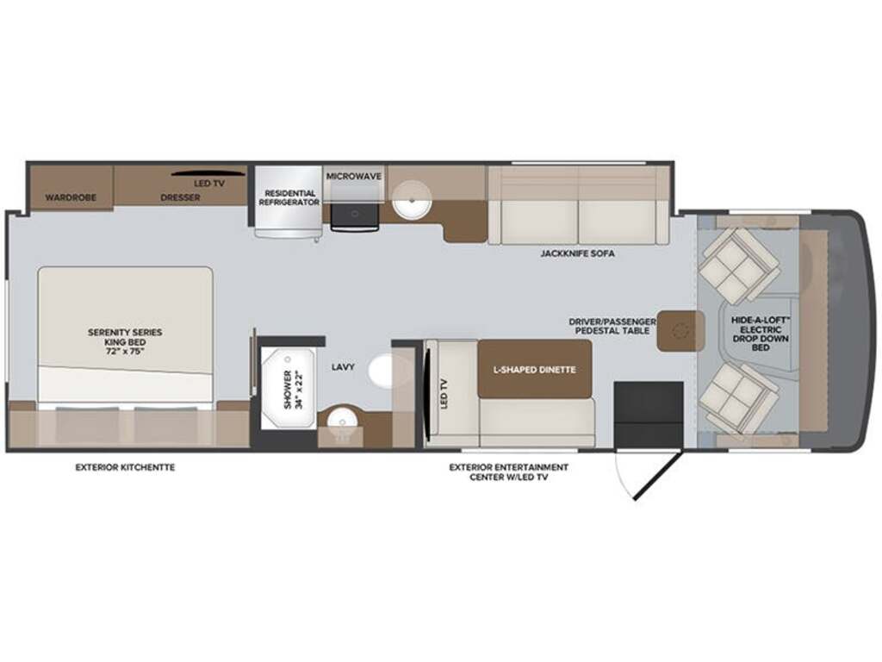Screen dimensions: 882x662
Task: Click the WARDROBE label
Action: tap(71, 197)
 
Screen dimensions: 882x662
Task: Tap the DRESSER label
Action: tap(180, 197)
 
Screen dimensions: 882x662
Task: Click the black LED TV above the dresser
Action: tap(208, 172)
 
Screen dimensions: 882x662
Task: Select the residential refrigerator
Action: tap(289, 202)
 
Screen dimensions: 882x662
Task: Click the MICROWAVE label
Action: tap(354, 176)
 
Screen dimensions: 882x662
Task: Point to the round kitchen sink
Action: tap(412, 200)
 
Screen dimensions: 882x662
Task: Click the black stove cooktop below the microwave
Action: tap(355, 216)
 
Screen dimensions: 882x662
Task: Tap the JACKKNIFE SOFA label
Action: tap(577, 253)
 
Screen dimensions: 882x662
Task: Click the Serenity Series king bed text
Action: tap(125, 341)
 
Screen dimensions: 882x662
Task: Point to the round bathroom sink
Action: tap(341, 420)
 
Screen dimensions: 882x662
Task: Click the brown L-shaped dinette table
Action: tap(534, 369)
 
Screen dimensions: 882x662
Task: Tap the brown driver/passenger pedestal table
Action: tap(680, 331)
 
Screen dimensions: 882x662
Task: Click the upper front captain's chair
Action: tap(738, 265)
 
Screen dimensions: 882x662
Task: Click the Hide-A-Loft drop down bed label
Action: tap(761, 334)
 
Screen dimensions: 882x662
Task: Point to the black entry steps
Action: tap(649, 415)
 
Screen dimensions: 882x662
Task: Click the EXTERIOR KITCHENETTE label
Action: tap(125, 467)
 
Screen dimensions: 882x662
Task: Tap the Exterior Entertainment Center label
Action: tap(508, 472)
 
